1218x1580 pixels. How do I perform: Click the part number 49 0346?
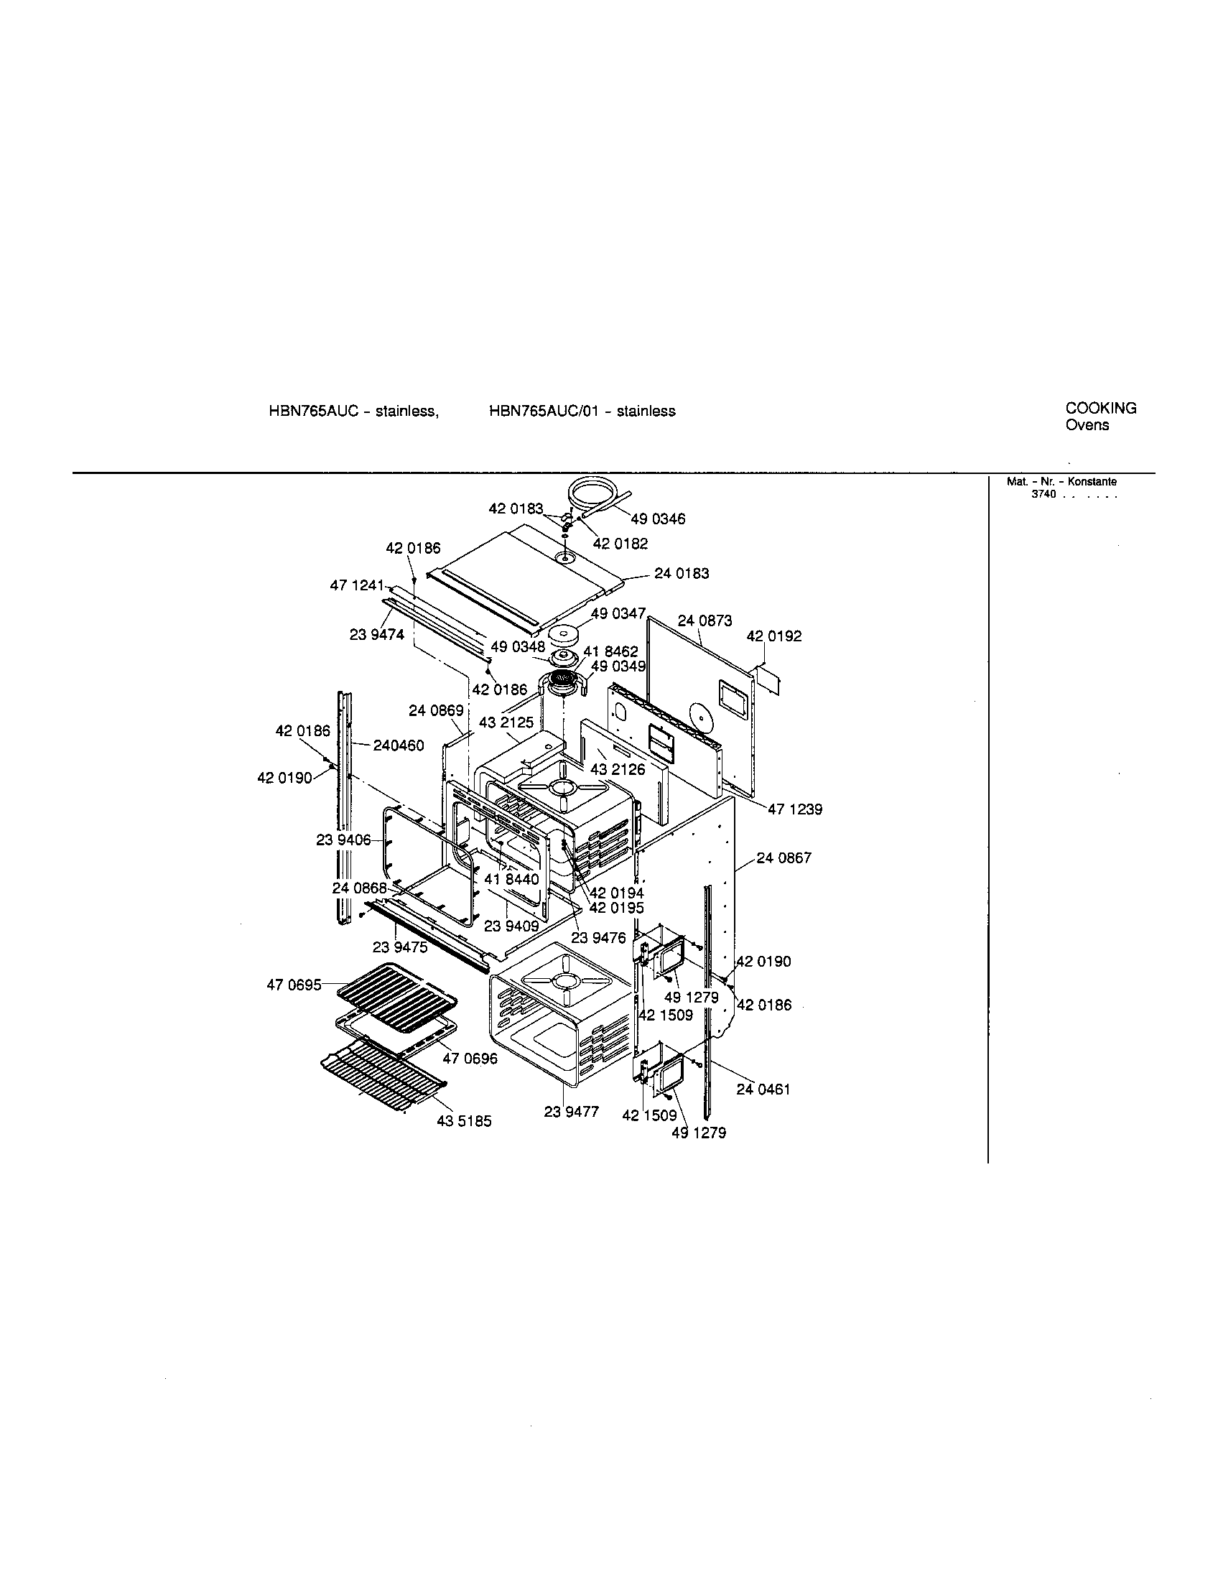coord(657,519)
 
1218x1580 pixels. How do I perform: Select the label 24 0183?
coord(682,573)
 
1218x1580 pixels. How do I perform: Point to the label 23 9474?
coord(377,634)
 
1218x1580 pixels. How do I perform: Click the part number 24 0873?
coord(705,621)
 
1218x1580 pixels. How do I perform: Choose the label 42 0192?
coord(774,636)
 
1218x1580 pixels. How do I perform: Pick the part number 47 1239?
coord(795,809)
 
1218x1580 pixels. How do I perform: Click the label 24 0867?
coord(784,858)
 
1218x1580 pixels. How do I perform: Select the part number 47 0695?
coord(294,985)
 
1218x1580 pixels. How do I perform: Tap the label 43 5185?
coord(464,1122)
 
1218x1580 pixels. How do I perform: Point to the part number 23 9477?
coord(572,1112)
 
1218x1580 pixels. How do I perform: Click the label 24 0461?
coord(763,1089)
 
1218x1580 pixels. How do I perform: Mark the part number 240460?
coord(399,745)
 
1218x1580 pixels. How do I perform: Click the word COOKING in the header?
coord(1101,408)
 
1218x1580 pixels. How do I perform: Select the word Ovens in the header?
coord(1087,425)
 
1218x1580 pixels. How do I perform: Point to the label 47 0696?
coord(470,1059)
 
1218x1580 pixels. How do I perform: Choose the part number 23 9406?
coord(343,840)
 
